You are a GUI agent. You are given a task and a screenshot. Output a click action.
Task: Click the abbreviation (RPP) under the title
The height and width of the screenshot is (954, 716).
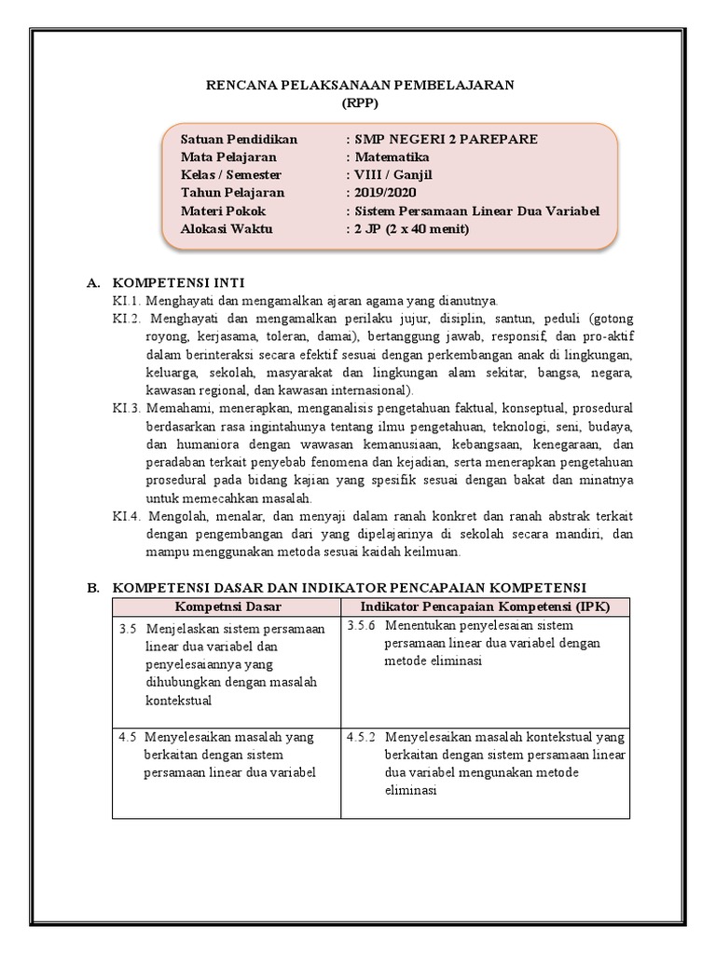coord(359,102)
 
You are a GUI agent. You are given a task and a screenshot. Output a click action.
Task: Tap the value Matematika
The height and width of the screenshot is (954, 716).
coord(391,157)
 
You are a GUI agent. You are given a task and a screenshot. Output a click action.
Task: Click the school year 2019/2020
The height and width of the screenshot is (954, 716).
coord(384,192)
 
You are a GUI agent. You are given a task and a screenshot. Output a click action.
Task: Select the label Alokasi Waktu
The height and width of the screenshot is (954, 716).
coord(227,228)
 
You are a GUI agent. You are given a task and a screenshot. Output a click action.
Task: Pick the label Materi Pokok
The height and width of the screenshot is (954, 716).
coord(223,211)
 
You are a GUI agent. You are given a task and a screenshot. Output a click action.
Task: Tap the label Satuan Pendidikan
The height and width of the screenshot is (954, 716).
coord(239,139)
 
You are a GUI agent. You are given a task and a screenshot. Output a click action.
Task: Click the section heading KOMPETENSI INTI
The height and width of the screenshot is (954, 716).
coord(179,282)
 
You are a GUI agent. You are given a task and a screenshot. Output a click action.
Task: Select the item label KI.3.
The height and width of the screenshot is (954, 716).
coord(126,408)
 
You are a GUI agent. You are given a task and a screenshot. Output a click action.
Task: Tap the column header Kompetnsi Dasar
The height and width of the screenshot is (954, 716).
coord(226,606)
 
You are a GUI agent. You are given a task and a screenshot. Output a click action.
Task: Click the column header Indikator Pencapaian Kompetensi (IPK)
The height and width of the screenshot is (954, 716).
coord(484,606)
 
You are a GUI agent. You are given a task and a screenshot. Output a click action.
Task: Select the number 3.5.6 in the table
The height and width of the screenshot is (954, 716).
coord(361,625)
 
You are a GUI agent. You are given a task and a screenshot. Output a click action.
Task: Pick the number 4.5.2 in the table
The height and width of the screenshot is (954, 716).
coord(361,736)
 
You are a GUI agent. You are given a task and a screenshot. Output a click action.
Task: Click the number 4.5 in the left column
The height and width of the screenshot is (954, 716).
coord(129,736)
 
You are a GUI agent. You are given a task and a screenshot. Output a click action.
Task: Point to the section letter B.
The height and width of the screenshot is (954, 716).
coord(92,588)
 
